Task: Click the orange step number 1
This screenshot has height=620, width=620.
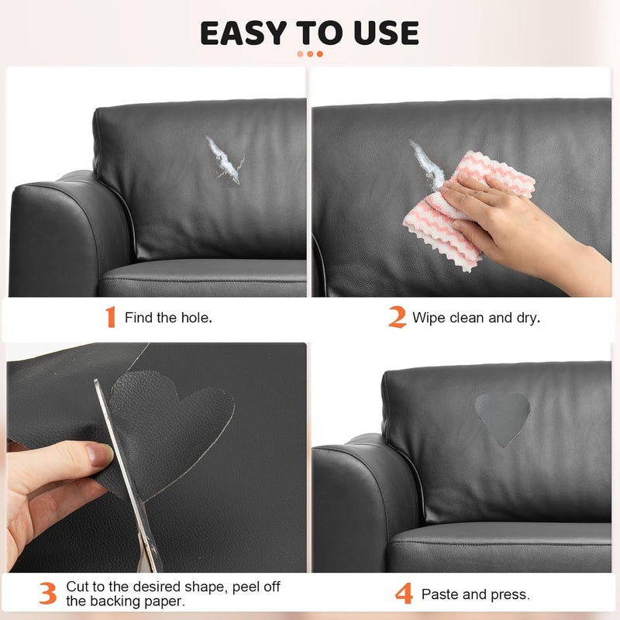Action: click(110, 317)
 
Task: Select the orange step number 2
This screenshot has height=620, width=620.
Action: click(397, 317)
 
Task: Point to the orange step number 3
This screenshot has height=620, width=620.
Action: click(47, 593)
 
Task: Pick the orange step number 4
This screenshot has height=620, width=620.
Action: click(403, 594)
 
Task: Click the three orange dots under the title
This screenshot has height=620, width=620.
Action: click(310, 53)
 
